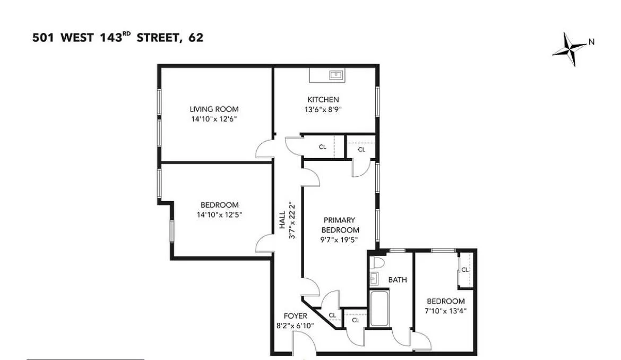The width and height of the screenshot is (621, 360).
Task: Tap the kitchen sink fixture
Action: tap(335, 75)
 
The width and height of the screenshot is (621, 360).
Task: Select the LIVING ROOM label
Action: tap(214, 109)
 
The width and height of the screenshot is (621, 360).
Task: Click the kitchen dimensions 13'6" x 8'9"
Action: tap(323, 110)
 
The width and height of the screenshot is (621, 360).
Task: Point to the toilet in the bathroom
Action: tap(378, 263)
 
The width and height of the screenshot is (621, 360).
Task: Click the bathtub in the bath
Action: tap(380, 308)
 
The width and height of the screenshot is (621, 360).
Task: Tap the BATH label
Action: tap(398, 279)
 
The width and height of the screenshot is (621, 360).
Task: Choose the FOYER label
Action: tap(295, 316)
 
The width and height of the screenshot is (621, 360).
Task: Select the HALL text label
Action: tap(282, 220)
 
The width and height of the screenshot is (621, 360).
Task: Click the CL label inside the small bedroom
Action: tap(464, 270)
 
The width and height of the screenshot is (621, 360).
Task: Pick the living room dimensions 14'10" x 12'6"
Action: tap(214, 119)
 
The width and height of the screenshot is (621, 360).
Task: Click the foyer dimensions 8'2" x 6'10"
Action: tap(295, 325)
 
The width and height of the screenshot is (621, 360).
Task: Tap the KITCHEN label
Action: tap(323, 100)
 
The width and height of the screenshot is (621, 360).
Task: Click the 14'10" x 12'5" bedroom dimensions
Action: tap(219, 215)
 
